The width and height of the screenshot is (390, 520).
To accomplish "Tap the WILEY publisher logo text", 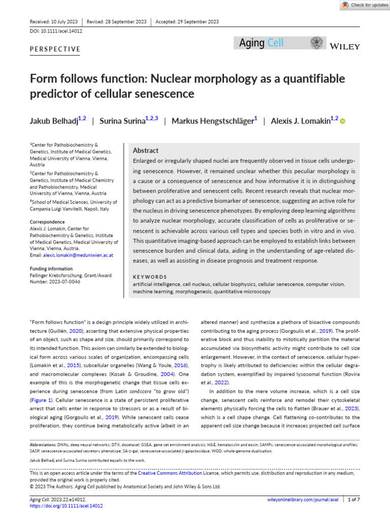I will (x=345, y=47).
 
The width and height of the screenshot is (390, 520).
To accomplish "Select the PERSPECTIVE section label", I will (x=55, y=49).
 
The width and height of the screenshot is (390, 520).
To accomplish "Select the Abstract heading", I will (x=145, y=151).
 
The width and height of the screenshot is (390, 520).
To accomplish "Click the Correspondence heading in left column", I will (x=47, y=222).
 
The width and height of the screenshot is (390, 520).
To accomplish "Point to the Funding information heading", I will (x=51, y=269).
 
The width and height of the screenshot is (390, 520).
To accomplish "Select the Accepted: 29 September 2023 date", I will (x=187, y=22).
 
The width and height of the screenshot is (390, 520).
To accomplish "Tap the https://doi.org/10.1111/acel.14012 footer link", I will (x=67, y=506).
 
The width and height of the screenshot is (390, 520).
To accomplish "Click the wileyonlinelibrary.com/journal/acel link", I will (x=303, y=500).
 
